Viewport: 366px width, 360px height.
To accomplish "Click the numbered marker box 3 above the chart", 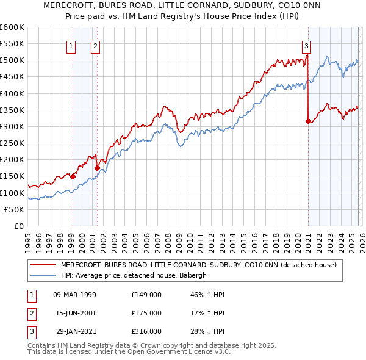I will pyautogui.click(x=306, y=45).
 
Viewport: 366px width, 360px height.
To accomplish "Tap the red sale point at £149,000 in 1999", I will pyautogui.click(x=73, y=176).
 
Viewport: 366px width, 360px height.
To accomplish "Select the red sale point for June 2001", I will pyautogui.click(x=97, y=168).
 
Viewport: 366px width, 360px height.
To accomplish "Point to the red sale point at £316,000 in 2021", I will pyautogui.click(x=308, y=121).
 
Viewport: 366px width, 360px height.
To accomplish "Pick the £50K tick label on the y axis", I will pyautogui.click(x=15, y=209).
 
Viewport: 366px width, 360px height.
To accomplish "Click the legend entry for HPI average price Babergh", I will pyautogui.click(x=134, y=275).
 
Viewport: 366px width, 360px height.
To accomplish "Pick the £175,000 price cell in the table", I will pyautogui.click(x=146, y=313).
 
